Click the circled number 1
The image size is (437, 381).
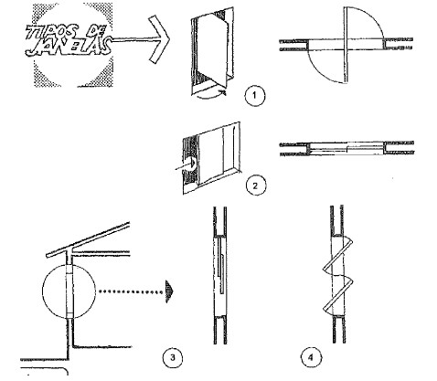coord(255,96)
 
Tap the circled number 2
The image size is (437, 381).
coord(256,185)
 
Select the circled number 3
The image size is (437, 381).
coord(173,357)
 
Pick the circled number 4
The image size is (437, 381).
coord(311,357)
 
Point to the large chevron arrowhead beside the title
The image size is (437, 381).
coord(158,39)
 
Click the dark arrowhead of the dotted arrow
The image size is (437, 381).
coord(169,291)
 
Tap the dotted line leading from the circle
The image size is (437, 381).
coord(131,291)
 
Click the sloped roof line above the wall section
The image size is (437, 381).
coord(89,239)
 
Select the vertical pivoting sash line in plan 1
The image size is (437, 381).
coord(346,45)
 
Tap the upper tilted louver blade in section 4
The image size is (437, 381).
coord(337,255)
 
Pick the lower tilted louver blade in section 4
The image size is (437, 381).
coord(337,295)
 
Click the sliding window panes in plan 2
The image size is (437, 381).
coord(346,148)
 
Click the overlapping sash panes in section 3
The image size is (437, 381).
coord(221,266)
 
